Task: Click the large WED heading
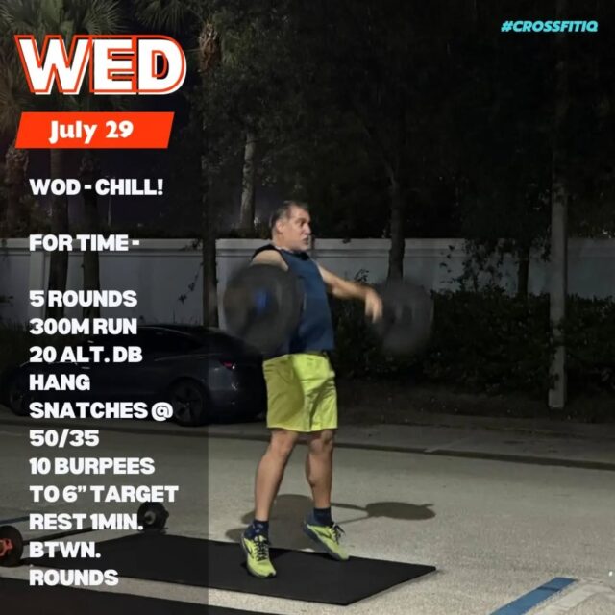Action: [x=100, y=64]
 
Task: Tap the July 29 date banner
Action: [x=94, y=130]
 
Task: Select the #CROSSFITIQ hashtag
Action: [x=549, y=26]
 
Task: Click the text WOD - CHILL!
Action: [x=96, y=187]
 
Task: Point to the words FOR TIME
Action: [x=79, y=243]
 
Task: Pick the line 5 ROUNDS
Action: [x=84, y=299]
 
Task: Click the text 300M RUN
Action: [x=84, y=327]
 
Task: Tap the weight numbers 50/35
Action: [x=64, y=438]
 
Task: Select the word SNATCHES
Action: [x=88, y=410]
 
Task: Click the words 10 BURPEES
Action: [x=92, y=466]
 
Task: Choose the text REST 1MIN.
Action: [x=86, y=522]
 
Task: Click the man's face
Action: [x=297, y=230]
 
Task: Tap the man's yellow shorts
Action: [x=301, y=391]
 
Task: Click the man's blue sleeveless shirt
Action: [x=308, y=302]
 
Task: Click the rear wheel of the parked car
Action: [x=189, y=402]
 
